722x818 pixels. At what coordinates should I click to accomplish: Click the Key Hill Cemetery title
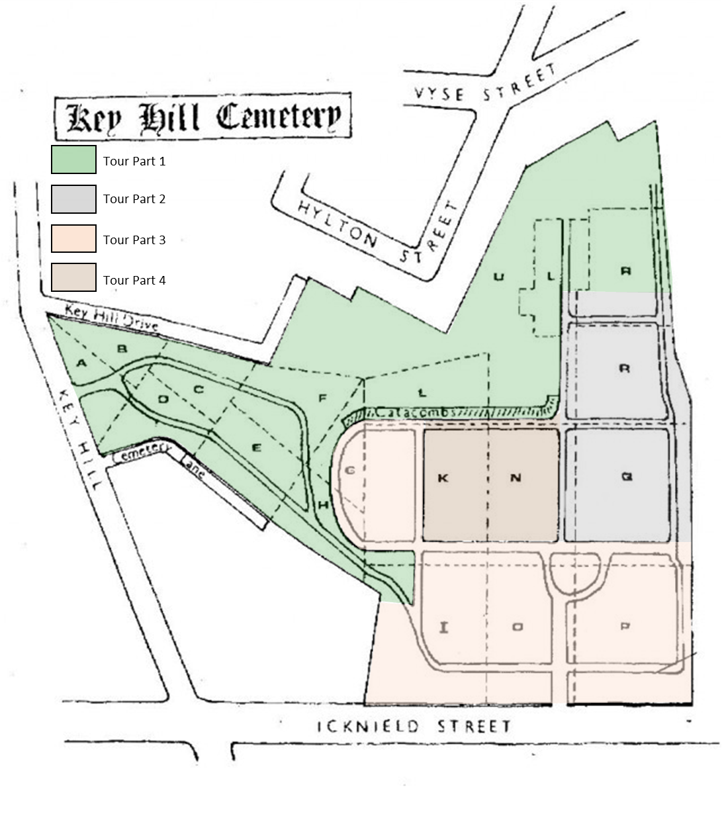[x=202, y=118]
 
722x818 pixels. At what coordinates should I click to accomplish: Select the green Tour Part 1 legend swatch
[x=74, y=160]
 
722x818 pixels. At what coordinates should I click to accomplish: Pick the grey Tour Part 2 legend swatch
[x=74, y=199]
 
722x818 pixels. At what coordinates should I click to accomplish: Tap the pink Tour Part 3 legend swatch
[x=74, y=239]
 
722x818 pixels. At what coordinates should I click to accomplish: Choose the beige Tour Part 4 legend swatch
[x=74, y=278]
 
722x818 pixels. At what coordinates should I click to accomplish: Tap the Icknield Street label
[x=415, y=726]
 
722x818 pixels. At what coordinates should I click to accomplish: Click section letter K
[x=443, y=478]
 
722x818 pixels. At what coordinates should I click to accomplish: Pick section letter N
[x=516, y=478]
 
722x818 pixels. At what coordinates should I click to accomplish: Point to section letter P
[x=625, y=627]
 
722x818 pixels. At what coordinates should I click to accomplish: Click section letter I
[x=444, y=627]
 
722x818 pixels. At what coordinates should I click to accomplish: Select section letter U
[x=499, y=277]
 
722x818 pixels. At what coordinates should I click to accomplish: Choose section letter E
[x=257, y=448]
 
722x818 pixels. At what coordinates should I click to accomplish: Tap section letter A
[x=82, y=362]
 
